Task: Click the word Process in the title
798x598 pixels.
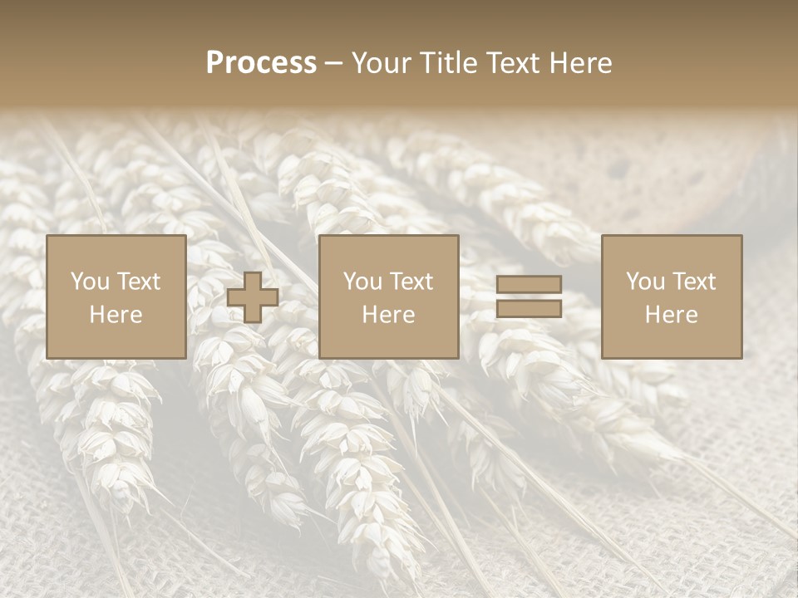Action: click(x=261, y=62)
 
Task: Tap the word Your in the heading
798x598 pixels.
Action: click(x=382, y=62)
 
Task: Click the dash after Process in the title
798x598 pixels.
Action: click(x=333, y=64)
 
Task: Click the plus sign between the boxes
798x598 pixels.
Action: click(x=253, y=297)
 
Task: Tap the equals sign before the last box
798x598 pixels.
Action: click(x=529, y=297)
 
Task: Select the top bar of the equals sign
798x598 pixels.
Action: click(x=529, y=284)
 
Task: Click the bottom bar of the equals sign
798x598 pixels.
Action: click(x=529, y=309)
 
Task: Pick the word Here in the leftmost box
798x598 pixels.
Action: click(x=116, y=315)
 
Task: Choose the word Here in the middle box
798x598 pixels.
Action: click(x=388, y=315)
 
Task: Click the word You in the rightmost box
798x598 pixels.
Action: click(x=645, y=281)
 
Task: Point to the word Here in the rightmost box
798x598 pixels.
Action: click(x=671, y=315)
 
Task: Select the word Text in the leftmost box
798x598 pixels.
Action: click(x=139, y=281)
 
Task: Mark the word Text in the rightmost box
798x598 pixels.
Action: click(x=694, y=281)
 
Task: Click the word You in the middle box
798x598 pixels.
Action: click(x=362, y=281)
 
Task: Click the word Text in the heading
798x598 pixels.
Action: click(x=513, y=62)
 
